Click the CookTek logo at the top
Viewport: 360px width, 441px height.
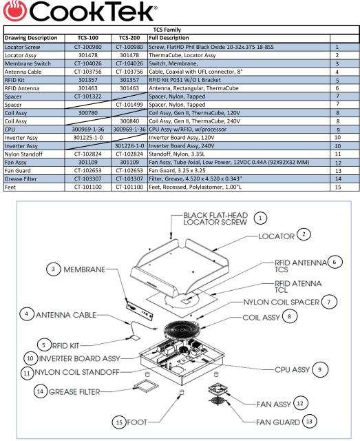pyautogui.click(x=78, y=12)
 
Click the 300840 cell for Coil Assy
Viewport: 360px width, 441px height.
pyautogui.click(x=129, y=119)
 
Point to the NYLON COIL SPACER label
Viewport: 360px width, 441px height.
pyautogui.click(x=275, y=302)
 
